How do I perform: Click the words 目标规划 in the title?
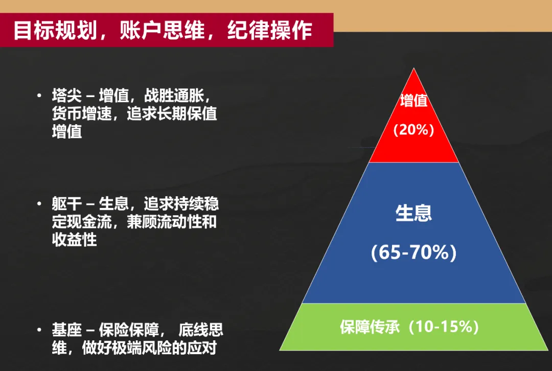[x=55, y=30]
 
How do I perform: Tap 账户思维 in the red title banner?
[x=162, y=30]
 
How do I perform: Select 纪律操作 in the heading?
[x=270, y=30]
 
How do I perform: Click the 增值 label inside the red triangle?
[x=413, y=100]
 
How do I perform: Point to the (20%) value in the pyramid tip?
[x=413, y=130]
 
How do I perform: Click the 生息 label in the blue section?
[x=413, y=213]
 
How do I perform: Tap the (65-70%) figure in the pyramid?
[x=413, y=252]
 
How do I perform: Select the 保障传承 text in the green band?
[x=370, y=327]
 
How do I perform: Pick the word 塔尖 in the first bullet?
[x=67, y=96]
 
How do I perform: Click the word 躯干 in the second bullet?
[x=67, y=203]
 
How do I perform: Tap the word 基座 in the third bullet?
[x=67, y=330]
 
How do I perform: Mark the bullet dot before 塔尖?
[x=39, y=95]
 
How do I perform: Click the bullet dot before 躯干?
[x=39, y=203]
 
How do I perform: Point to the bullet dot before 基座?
[x=39, y=330]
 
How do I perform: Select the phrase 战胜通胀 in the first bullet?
[x=174, y=96]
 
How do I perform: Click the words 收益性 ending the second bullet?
[x=74, y=240]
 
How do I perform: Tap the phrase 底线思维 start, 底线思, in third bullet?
[x=201, y=330]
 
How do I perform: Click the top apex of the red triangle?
[x=413, y=68]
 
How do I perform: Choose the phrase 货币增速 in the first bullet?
[x=82, y=113]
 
